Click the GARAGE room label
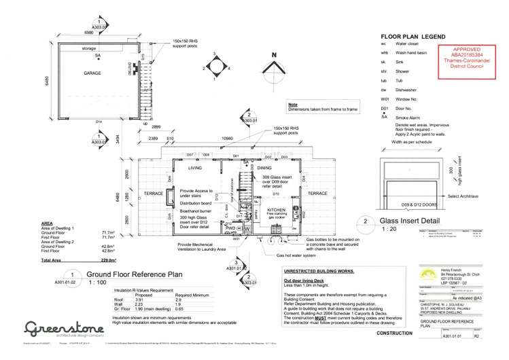click(93, 73)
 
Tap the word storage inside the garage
click(89, 49)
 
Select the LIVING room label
click(196, 167)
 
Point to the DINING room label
click(264, 167)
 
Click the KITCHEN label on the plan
click(277, 211)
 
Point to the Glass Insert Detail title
click(410, 221)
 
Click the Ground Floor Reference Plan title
click(134, 274)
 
